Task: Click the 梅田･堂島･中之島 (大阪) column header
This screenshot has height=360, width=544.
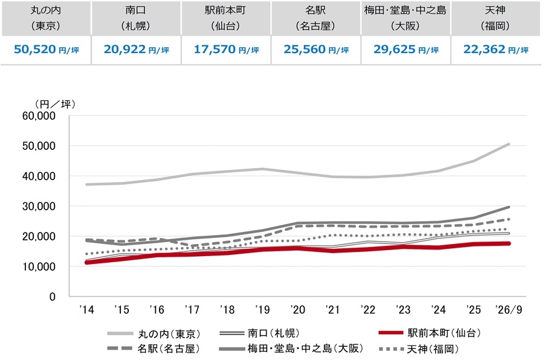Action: pos(405,18)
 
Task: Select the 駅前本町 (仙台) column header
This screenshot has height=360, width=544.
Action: pos(225,18)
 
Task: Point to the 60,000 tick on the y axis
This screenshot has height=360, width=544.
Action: pos(39,116)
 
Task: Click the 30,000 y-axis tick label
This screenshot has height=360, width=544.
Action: pos(39,207)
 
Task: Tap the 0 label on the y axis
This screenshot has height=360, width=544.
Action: pos(53,297)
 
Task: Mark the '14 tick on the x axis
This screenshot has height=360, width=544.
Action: pos(86,309)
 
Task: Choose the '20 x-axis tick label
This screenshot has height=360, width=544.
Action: pos(297,309)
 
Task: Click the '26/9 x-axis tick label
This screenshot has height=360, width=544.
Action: pos(508,309)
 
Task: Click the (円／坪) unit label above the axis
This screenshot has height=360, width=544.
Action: pos(55,104)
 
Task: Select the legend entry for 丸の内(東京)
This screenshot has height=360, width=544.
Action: pos(154,333)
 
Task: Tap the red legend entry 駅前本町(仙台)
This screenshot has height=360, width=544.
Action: pos(430,333)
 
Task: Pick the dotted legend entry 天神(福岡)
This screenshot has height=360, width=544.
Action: pos(419,349)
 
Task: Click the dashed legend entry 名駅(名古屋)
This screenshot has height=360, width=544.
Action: pos(154,349)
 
